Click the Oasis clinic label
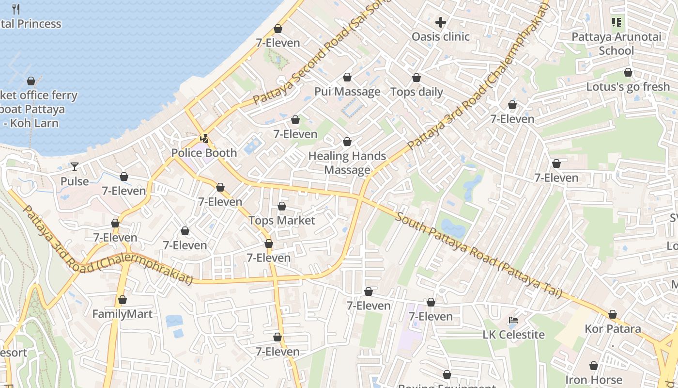tap(440, 36)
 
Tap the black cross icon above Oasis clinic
tap(440, 22)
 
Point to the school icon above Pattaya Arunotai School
tap(616, 22)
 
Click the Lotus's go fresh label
tap(628, 87)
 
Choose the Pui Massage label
tap(347, 92)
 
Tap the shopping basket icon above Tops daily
tap(416, 78)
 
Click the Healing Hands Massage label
tap(347, 163)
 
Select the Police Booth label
tap(204, 153)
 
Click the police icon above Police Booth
tap(204, 139)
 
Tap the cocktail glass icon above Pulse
tap(74, 167)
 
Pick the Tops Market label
tap(281, 221)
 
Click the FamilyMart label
tap(122, 314)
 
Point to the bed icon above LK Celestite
tap(513, 320)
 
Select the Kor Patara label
tap(612, 329)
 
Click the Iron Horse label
tap(593, 380)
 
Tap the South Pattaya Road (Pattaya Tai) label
tap(478, 255)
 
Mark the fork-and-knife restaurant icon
tap(16, 9)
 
